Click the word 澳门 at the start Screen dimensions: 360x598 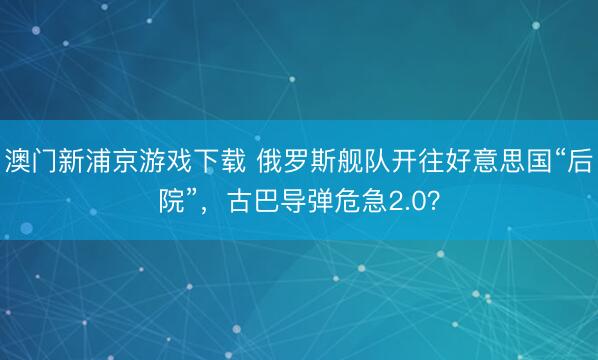click(30, 160)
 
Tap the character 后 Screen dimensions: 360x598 click(578, 160)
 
